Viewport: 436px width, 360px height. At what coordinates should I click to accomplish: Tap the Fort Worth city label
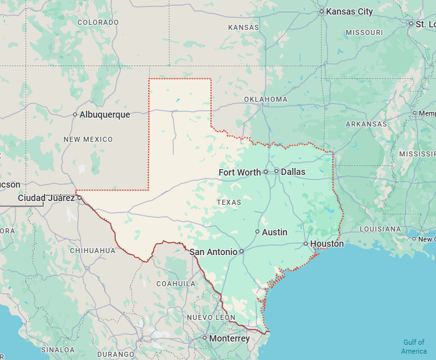tap(240, 172)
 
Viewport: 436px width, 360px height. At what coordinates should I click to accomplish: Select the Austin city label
tap(275, 232)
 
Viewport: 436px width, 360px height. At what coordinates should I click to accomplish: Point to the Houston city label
tap(327, 244)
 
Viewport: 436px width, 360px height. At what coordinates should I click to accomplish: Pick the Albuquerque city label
tap(105, 114)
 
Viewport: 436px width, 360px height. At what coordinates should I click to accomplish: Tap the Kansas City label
tap(349, 11)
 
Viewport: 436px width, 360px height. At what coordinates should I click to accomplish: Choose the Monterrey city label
tap(229, 338)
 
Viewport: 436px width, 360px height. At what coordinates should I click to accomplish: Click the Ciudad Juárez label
tap(46, 198)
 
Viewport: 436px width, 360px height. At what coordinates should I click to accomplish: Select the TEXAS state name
tap(229, 202)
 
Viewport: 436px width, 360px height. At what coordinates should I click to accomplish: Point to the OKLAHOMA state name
tap(266, 99)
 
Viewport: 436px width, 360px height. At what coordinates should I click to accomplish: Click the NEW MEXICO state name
tap(88, 139)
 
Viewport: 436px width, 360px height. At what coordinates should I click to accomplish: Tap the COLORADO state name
tap(98, 22)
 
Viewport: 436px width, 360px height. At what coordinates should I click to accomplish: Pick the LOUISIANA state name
tap(380, 229)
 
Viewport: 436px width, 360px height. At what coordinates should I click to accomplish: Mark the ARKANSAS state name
tap(366, 125)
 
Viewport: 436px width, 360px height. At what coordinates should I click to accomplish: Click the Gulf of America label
tap(414, 347)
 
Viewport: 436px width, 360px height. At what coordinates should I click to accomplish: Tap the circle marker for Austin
tap(257, 232)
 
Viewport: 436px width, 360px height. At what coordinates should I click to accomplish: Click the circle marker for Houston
tap(306, 244)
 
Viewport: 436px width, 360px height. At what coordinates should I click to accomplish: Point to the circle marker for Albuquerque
tap(75, 114)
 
